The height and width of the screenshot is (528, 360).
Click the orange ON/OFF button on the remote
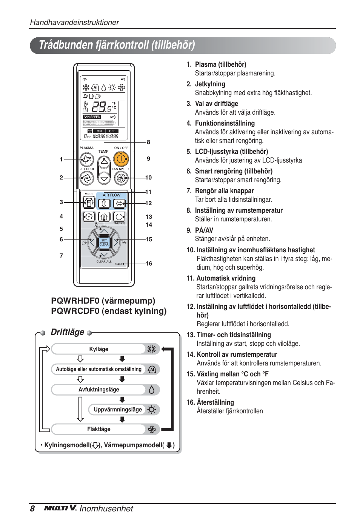121,160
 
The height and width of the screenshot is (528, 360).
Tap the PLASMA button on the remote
87,160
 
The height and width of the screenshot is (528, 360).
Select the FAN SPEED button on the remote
121,178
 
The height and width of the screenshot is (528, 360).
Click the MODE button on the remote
89,203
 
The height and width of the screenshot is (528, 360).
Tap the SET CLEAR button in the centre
104,242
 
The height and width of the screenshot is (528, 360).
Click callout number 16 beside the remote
149,264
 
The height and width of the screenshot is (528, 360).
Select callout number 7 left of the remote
61,256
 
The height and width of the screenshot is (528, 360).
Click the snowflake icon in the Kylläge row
152,349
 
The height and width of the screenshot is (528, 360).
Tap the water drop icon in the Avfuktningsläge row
152,390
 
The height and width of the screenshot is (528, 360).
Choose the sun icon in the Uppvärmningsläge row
152,410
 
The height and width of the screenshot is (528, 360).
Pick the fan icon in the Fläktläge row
152,429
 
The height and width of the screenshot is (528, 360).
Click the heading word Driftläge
68,332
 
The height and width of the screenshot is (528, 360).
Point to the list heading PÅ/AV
204,230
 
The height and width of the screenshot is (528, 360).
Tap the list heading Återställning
215,402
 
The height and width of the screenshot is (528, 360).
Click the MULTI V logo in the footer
60,508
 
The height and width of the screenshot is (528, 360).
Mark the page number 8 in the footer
32,509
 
